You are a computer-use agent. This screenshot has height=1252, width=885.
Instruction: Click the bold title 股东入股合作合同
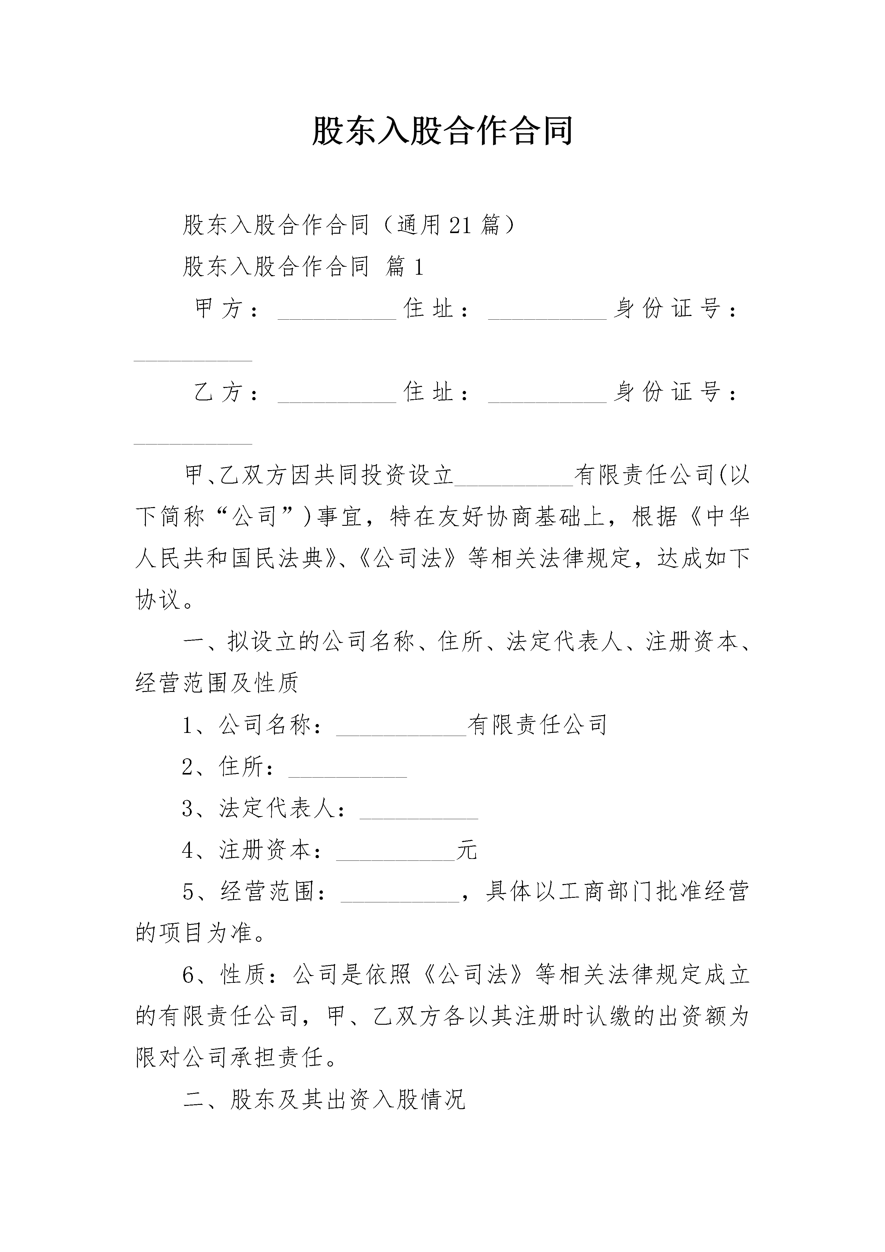(442, 131)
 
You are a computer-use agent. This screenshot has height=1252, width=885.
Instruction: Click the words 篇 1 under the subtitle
(404, 267)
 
